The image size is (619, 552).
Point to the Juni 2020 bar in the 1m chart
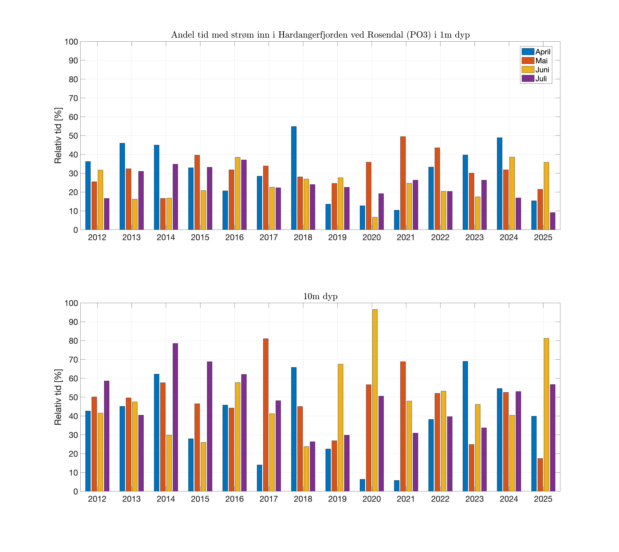pyautogui.click(x=375, y=223)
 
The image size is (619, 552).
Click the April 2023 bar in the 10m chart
pyautogui.click(x=465, y=426)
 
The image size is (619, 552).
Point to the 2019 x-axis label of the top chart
pyautogui.click(x=337, y=237)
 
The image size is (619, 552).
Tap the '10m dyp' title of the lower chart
pyautogui.click(x=320, y=296)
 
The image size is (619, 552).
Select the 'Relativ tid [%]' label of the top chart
pyautogui.click(x=58, y=136)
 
